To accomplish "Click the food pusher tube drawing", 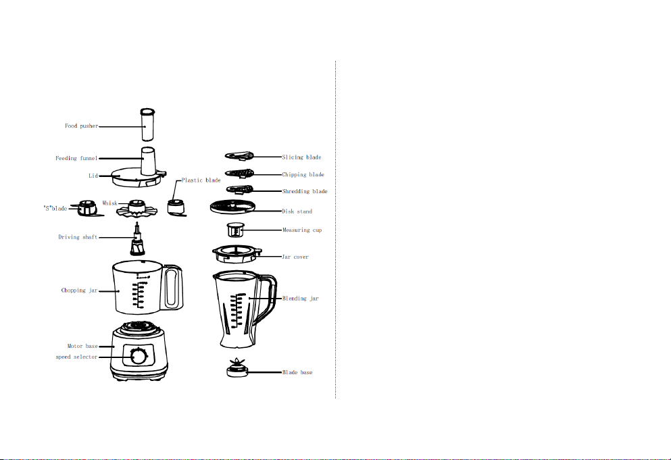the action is point(147,124).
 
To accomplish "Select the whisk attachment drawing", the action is point(137,208).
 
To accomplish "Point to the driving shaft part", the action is point(137,239).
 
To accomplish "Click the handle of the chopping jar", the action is point(173,287).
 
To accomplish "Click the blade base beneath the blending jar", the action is point(237,368).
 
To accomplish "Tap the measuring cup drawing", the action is point(235,230).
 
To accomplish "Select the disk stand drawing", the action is point(232,207).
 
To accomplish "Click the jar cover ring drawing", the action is point(237,254).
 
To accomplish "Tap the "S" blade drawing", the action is point(89,209).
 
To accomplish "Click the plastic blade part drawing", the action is point(176,208).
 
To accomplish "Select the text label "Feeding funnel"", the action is point(76,158).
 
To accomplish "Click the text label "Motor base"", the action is point(82,346).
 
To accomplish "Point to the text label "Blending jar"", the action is point(301,299).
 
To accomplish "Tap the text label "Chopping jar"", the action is point(80,290).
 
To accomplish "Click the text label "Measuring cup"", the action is point(302,230).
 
